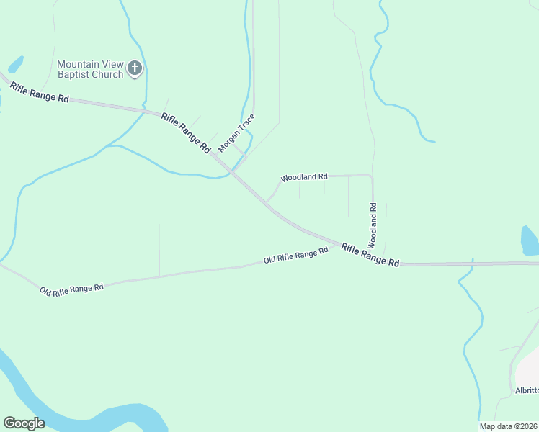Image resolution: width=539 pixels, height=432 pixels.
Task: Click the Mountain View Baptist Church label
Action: (x=90, y=70)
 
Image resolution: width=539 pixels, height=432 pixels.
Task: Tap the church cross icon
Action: (x=134, y=69)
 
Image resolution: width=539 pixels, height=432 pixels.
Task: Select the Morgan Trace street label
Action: (x=237, y=132)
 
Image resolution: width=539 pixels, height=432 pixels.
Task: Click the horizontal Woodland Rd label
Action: (x=304, y=176)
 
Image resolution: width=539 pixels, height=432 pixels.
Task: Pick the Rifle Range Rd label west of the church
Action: (x=39, y=92)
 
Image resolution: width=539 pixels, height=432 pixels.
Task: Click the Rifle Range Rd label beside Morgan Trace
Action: (x=185, y=133)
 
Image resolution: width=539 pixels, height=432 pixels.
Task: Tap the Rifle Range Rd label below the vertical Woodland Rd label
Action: (x=370, y=256)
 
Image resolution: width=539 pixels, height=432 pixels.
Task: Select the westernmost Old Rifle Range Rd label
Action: (x=72, y=289)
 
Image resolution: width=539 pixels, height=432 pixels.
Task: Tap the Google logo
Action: (x=24, y=423)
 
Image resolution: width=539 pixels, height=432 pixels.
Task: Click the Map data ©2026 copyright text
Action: (x=508, y=426)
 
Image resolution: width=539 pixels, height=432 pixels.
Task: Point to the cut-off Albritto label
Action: (x=527, y=390)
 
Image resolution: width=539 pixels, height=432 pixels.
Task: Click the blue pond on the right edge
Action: (x=530, y=241)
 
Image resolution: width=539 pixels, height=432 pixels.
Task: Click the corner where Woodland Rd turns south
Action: (x=372, y=176)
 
